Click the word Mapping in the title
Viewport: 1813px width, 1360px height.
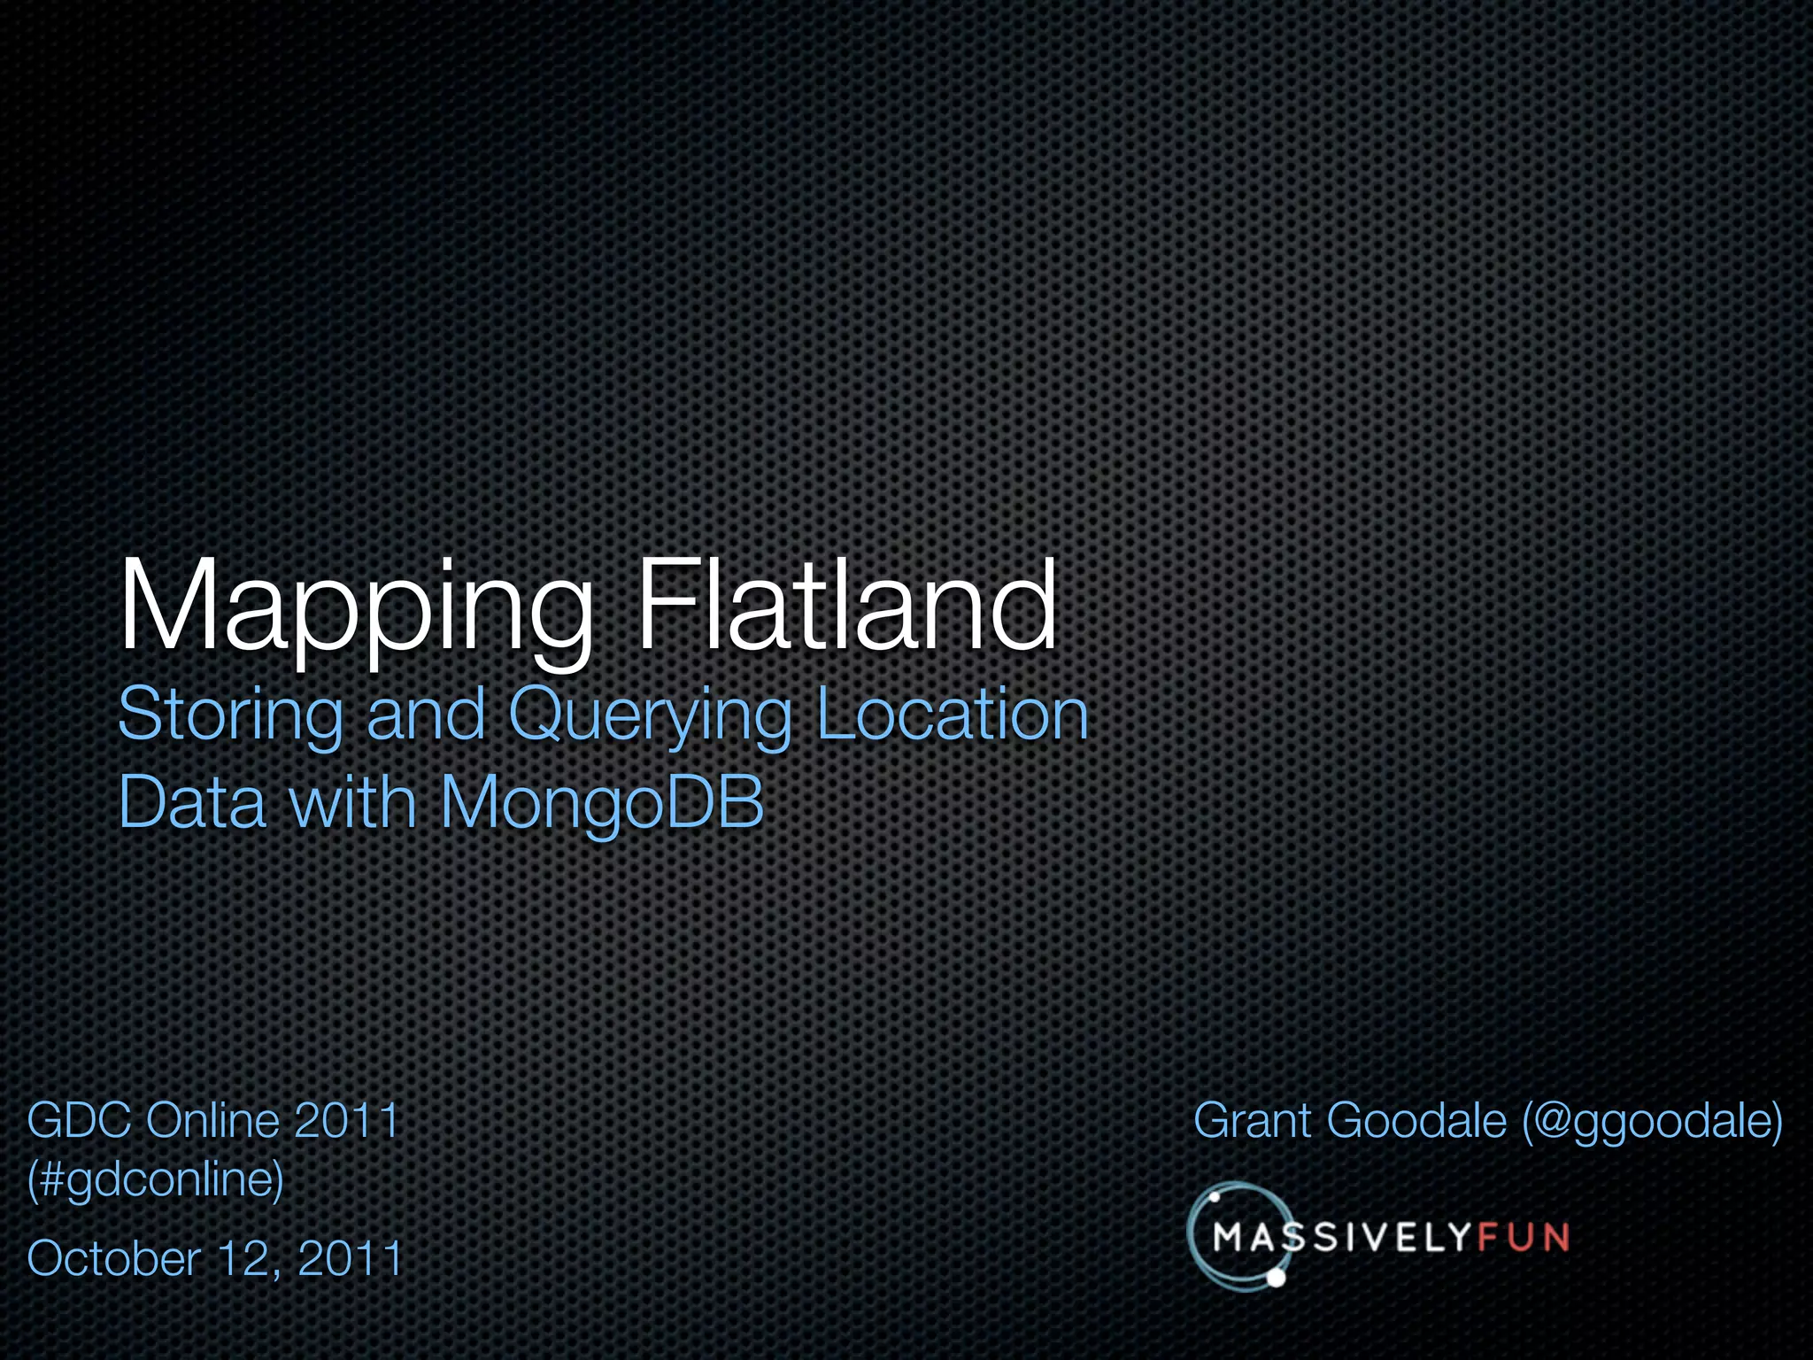tap(354, 609)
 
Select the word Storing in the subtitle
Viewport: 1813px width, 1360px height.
tap(230, 715)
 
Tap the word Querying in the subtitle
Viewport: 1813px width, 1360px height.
tap(650, 715)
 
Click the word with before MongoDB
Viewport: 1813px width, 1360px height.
tap(353, 802)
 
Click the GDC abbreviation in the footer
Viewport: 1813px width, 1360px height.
tap(81, 1120)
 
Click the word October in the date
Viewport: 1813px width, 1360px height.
tap(114, 1258)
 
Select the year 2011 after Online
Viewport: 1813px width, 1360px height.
tap(346, 1120)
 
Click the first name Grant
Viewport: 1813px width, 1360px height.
tap(1252, 1120)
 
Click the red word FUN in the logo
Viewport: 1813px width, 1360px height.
tap(1523, 1237)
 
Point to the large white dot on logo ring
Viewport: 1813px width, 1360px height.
tap(1276, 1278)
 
